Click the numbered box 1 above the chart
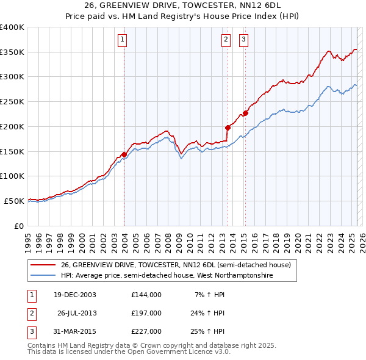[x=123, y=40]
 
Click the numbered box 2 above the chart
[x=226, y=40]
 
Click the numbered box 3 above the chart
[x=243, y=40]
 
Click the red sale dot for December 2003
[x=124, y=154]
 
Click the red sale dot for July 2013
[x=228, y=128]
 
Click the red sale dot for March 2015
[x=245, y=113]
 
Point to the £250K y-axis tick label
[x=12, y=101]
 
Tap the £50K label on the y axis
[x=15, y=201]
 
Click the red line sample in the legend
[x=44, y=265]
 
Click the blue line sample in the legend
[x=44, y=276]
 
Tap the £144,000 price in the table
[x=146, y=295]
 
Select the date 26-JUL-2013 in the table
[x=76, y=313]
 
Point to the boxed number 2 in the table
[x=30, y=313]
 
